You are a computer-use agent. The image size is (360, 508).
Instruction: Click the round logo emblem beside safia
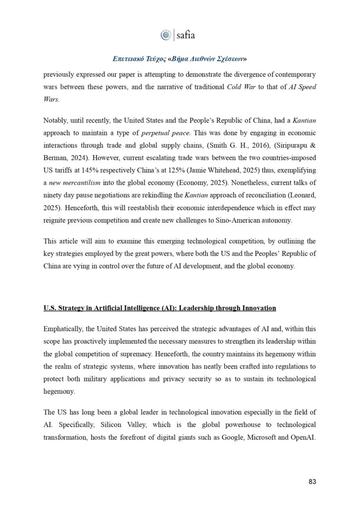(x=165, y=35)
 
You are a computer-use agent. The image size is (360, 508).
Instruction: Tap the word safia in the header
(x=186, y=35)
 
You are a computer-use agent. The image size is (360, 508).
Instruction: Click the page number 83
(x=311, y=482)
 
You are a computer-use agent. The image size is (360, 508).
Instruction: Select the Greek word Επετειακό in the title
(x=130, y=59)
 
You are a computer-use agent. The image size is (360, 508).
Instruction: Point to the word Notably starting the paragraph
(x=57, y=122)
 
